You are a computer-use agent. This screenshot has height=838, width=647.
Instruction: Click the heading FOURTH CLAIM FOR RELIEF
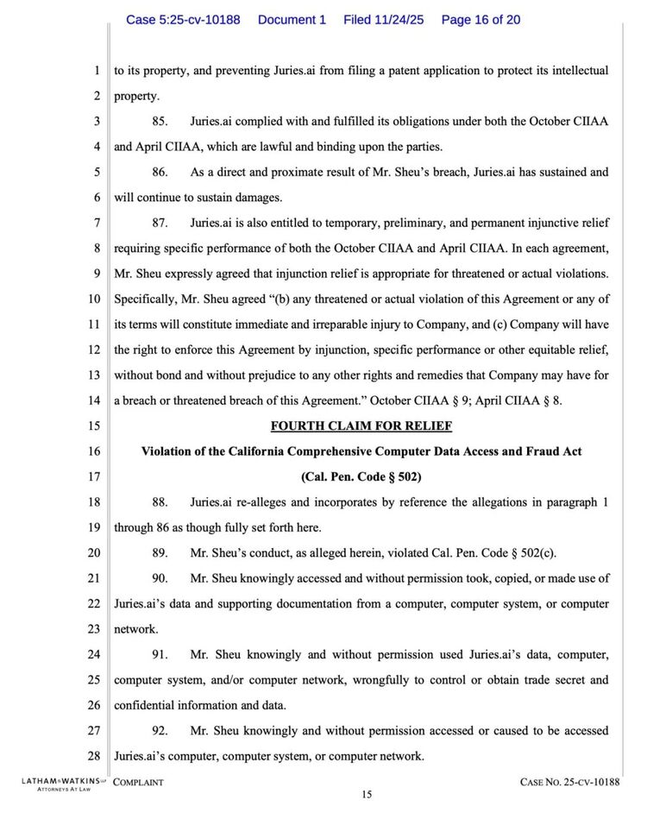tap(361, 425)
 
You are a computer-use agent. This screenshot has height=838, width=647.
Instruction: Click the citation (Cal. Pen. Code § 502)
tap(361, 476)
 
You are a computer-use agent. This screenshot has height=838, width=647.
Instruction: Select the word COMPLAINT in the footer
tap(138, 782)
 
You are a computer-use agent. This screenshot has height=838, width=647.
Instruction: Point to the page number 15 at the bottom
tap(367, 796)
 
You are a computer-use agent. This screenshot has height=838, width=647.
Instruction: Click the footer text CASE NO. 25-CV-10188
tap(570, 782)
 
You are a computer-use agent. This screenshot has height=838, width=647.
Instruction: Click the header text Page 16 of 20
tap(481, 19)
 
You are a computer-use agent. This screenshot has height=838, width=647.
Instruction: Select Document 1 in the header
tap(292, 19)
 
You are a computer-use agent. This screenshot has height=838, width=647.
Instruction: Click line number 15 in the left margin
tap(94, 425)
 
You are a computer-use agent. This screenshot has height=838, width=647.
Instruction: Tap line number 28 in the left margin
tap(94, 757)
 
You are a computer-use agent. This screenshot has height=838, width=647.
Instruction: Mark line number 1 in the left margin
tap(97, 71)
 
